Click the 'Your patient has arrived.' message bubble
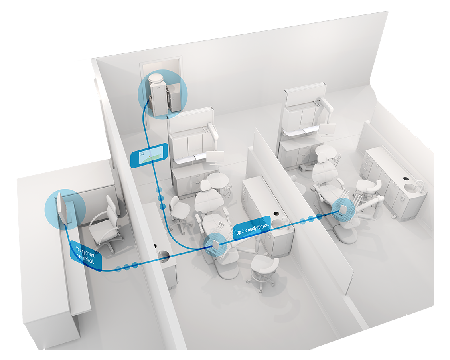[x=85, y=255]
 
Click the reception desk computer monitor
[x=62, y=208]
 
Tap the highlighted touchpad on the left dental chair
[x=215, y=247]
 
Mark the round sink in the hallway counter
[x=163, y=255]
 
